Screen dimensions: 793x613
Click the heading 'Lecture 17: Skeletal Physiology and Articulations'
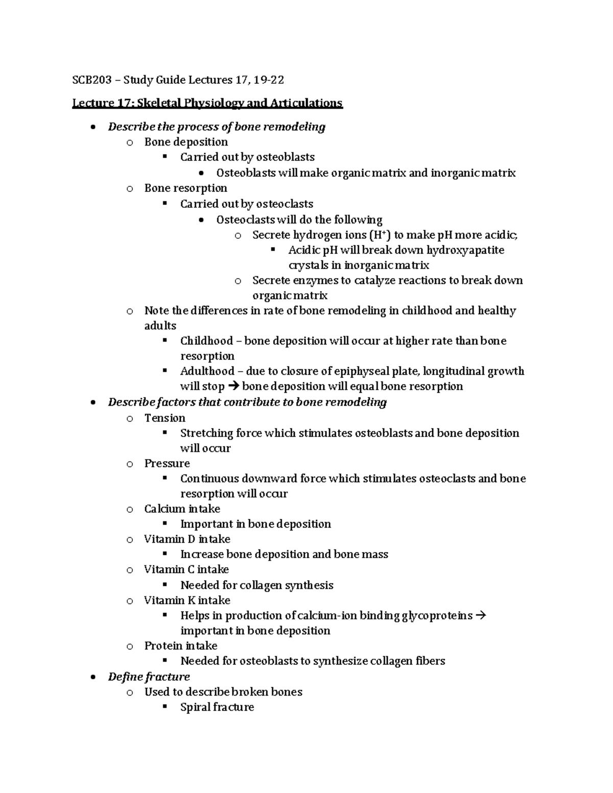pos(207,103)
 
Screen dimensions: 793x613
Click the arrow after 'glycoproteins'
pos(481,616)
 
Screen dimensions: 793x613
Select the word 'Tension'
pos(164,418)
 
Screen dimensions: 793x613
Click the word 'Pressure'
pos(167,464)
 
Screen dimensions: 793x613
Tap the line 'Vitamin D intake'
pos(187,539)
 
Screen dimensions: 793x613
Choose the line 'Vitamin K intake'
pos(187,600)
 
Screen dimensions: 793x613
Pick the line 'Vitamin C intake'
pos(186,569)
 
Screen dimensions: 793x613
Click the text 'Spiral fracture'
pos(217,707)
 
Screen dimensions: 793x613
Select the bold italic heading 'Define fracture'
pos(149,677)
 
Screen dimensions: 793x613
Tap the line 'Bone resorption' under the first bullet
pos(186,188)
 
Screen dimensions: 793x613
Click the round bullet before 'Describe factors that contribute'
pos(92,403)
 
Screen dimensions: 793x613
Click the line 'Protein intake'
pos(181,646)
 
